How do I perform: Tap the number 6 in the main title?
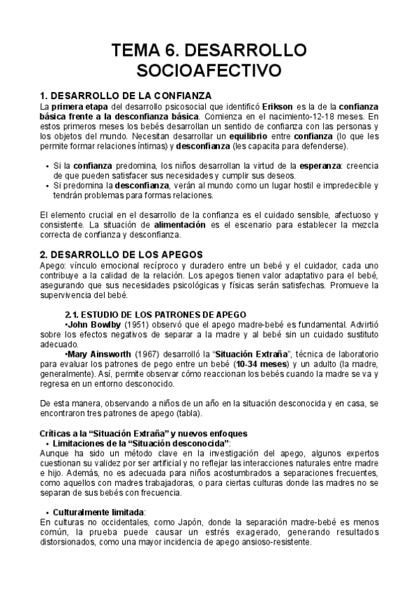coord(174,50)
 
